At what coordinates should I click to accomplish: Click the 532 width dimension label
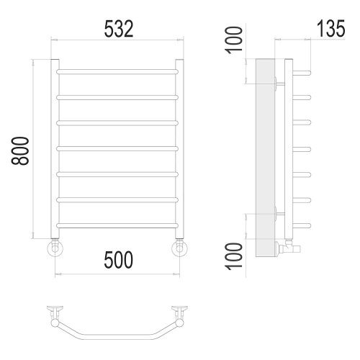pos(119,29)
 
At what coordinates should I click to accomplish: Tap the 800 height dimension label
pos(20,150)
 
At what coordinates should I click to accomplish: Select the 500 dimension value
pos(118,260)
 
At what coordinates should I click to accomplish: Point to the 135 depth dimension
pos(331,29)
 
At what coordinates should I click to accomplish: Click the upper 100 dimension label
pos(233,40)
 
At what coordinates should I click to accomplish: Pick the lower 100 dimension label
pos(233,256)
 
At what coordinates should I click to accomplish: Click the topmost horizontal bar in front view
pos(117,71)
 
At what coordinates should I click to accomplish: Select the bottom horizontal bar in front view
pos(117,225)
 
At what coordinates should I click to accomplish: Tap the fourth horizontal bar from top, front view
pos(117,148)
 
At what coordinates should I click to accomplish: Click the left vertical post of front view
pos(55,149)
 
